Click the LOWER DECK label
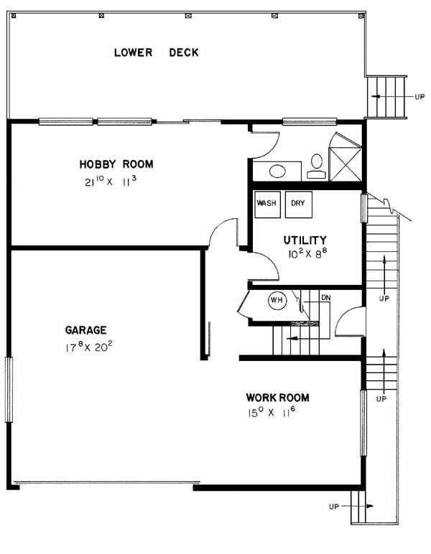click(157, 52)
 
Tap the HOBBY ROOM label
click(116, 164)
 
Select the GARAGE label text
click(85, 330)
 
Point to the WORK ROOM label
click(277, 398)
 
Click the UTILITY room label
click(305, 240)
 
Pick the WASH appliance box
click(268, 205)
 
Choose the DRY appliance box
click(299, 205)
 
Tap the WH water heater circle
click(277, 300)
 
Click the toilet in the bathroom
click(317, 166)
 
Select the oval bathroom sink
click(277, 172)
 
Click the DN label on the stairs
click(326, 298)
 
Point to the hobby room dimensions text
click(111, 182)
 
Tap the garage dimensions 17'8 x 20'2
click(89, 347)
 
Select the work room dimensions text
click(272, 412)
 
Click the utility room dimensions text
click(307, 253)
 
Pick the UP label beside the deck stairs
click(420, 96)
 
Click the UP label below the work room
click(334, 507)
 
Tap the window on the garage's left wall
click(9, 390)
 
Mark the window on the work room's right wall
click(363, 423)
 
